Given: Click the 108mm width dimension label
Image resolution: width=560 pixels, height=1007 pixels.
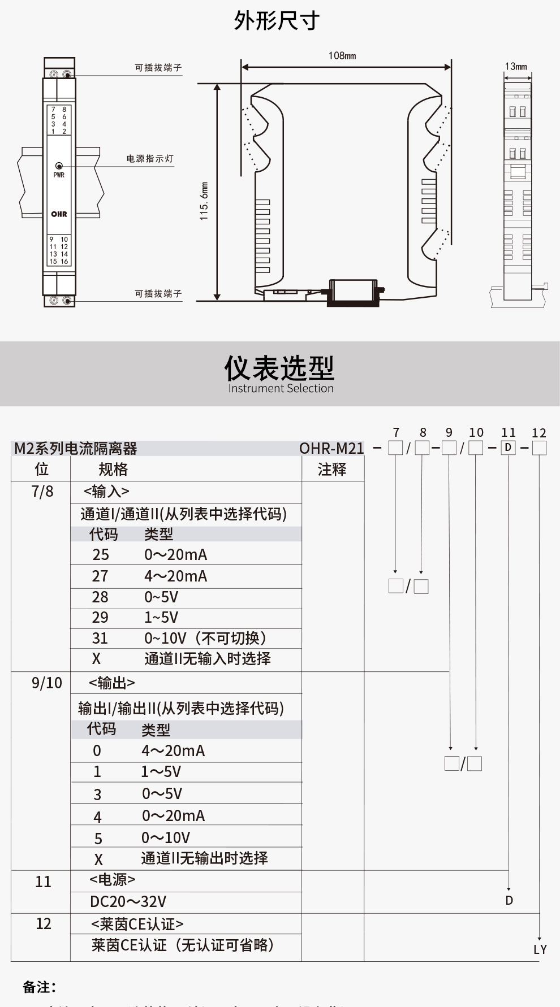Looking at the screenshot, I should click(x=342, y=55).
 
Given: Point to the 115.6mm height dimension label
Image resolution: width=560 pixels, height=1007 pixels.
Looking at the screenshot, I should click(x=204, y=201).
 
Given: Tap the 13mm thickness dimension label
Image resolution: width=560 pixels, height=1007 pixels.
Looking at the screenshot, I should click(x=516, y=67).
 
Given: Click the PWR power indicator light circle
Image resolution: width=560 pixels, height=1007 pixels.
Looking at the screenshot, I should click(x=59, y=166).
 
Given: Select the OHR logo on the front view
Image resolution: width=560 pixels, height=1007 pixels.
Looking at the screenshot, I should click(x=59, y=214).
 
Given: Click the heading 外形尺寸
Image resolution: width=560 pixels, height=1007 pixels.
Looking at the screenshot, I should click(x=277, y=21).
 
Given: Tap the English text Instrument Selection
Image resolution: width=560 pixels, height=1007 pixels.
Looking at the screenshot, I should click(x=281, y=389).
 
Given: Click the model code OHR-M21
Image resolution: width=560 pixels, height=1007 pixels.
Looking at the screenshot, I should click(x=331, y=449).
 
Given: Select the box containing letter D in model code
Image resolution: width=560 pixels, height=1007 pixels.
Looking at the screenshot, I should click(x=509, y=448).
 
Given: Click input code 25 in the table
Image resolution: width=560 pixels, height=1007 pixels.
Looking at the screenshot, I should click(x=101, y=554).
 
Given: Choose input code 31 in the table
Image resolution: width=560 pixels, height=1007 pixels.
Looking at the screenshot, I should click(x=100, y=639).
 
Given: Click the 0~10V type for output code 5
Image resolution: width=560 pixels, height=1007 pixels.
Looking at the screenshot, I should click(x=166, y=837).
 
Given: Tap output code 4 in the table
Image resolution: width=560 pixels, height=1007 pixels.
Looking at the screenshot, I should click(x=97, y=817).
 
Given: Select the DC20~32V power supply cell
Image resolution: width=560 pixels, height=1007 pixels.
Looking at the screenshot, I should click(x=128, y=901).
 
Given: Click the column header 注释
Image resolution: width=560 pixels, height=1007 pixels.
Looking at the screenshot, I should click(x=331, y=470).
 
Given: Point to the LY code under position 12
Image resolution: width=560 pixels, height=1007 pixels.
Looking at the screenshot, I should click(x=540, y=949).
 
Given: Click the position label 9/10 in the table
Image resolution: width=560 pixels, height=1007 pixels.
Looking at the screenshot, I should click(x=46, y=683).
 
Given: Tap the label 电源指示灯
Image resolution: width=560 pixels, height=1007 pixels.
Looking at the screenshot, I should click(x=150, y=159).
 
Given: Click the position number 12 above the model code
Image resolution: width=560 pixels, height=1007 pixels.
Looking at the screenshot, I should click(x=539, y=433).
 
